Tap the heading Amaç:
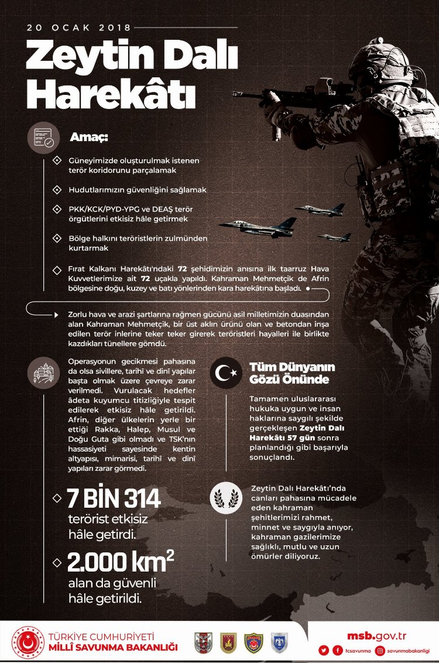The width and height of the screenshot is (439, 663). pyautogui.click(x=89, y=138)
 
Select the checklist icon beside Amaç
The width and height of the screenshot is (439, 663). pyautogui.click(x=44, y=138)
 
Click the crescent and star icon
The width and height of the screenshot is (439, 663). pyautogui.click(x=226, y=372)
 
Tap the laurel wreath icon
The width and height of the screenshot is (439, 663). pyautogui.click(x=226, y=498)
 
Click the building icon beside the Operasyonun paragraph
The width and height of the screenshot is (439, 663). pyautogui.click(x=44, y=372)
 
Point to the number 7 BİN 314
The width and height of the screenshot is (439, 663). pyautogui.click(x=114, y=499)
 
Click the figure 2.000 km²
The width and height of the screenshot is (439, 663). pyautogui.click(x=121, y=562)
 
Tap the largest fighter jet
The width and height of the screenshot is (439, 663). pyautogui.click(x=258, y=227)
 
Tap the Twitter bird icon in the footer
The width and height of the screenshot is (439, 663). pyautogui.click(x=323, y=650)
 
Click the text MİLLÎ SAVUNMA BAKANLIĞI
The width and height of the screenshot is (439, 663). pyautogui.click(x=114, y=647)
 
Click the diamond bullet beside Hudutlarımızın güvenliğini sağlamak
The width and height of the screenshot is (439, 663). pyautogui.click(x=57, y=190)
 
